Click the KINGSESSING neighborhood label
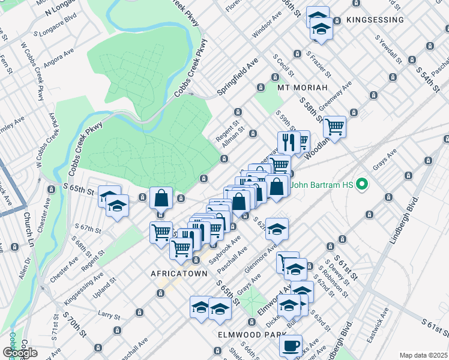[375, 20]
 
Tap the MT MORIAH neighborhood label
[302, 88]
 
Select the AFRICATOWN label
[178, 273]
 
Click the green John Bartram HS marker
[361, 184]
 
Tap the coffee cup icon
[291, 346]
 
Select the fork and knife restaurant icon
[288, 142]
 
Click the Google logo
[20, 352]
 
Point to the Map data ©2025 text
[423, 355]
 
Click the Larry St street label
[109, 314]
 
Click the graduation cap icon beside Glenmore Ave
[277, 229]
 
